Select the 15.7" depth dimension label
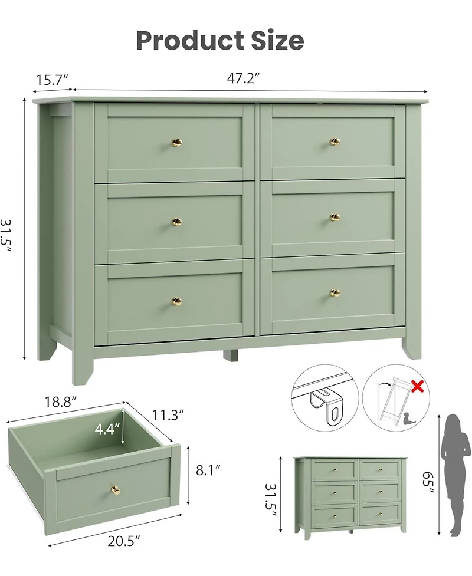point(52,80)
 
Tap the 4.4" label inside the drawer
point(107,429)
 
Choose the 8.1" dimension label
point(207,470)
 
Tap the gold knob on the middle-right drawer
point(335,218)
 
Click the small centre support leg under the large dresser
point(230,356)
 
